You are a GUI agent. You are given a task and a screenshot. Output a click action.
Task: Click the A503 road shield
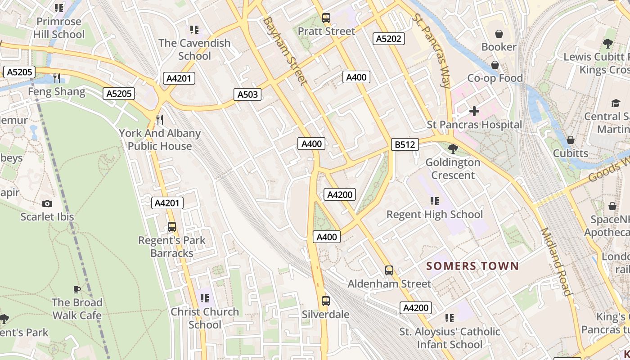[247, 94]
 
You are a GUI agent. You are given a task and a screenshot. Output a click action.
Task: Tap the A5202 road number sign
[389, 39]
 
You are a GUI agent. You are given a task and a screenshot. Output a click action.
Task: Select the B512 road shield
[405, 144]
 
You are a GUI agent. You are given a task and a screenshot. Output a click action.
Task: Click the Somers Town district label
[472, 266]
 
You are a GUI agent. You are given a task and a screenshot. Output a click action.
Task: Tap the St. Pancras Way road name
[432, 49]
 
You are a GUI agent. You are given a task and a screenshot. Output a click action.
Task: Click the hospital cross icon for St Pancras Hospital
[474, 111]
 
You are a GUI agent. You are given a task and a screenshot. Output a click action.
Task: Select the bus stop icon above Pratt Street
[326, 18]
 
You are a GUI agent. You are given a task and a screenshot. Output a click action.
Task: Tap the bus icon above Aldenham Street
[389, 270]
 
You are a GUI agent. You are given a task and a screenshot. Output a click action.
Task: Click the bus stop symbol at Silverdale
[326, 301]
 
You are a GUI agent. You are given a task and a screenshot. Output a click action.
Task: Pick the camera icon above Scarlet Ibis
[47, 204]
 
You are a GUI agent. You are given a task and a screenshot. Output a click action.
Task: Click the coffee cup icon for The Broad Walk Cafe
[77, 289]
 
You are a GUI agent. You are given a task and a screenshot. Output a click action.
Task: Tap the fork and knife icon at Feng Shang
[56, 78]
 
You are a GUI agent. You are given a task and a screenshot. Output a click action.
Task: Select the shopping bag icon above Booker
[499, 34]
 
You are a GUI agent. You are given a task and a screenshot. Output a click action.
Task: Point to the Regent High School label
[435, 214]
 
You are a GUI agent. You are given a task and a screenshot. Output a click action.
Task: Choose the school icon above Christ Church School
[205, 298]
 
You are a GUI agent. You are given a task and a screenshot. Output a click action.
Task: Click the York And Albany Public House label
[160, 139]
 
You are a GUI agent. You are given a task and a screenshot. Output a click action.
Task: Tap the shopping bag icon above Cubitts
[570, 140]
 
